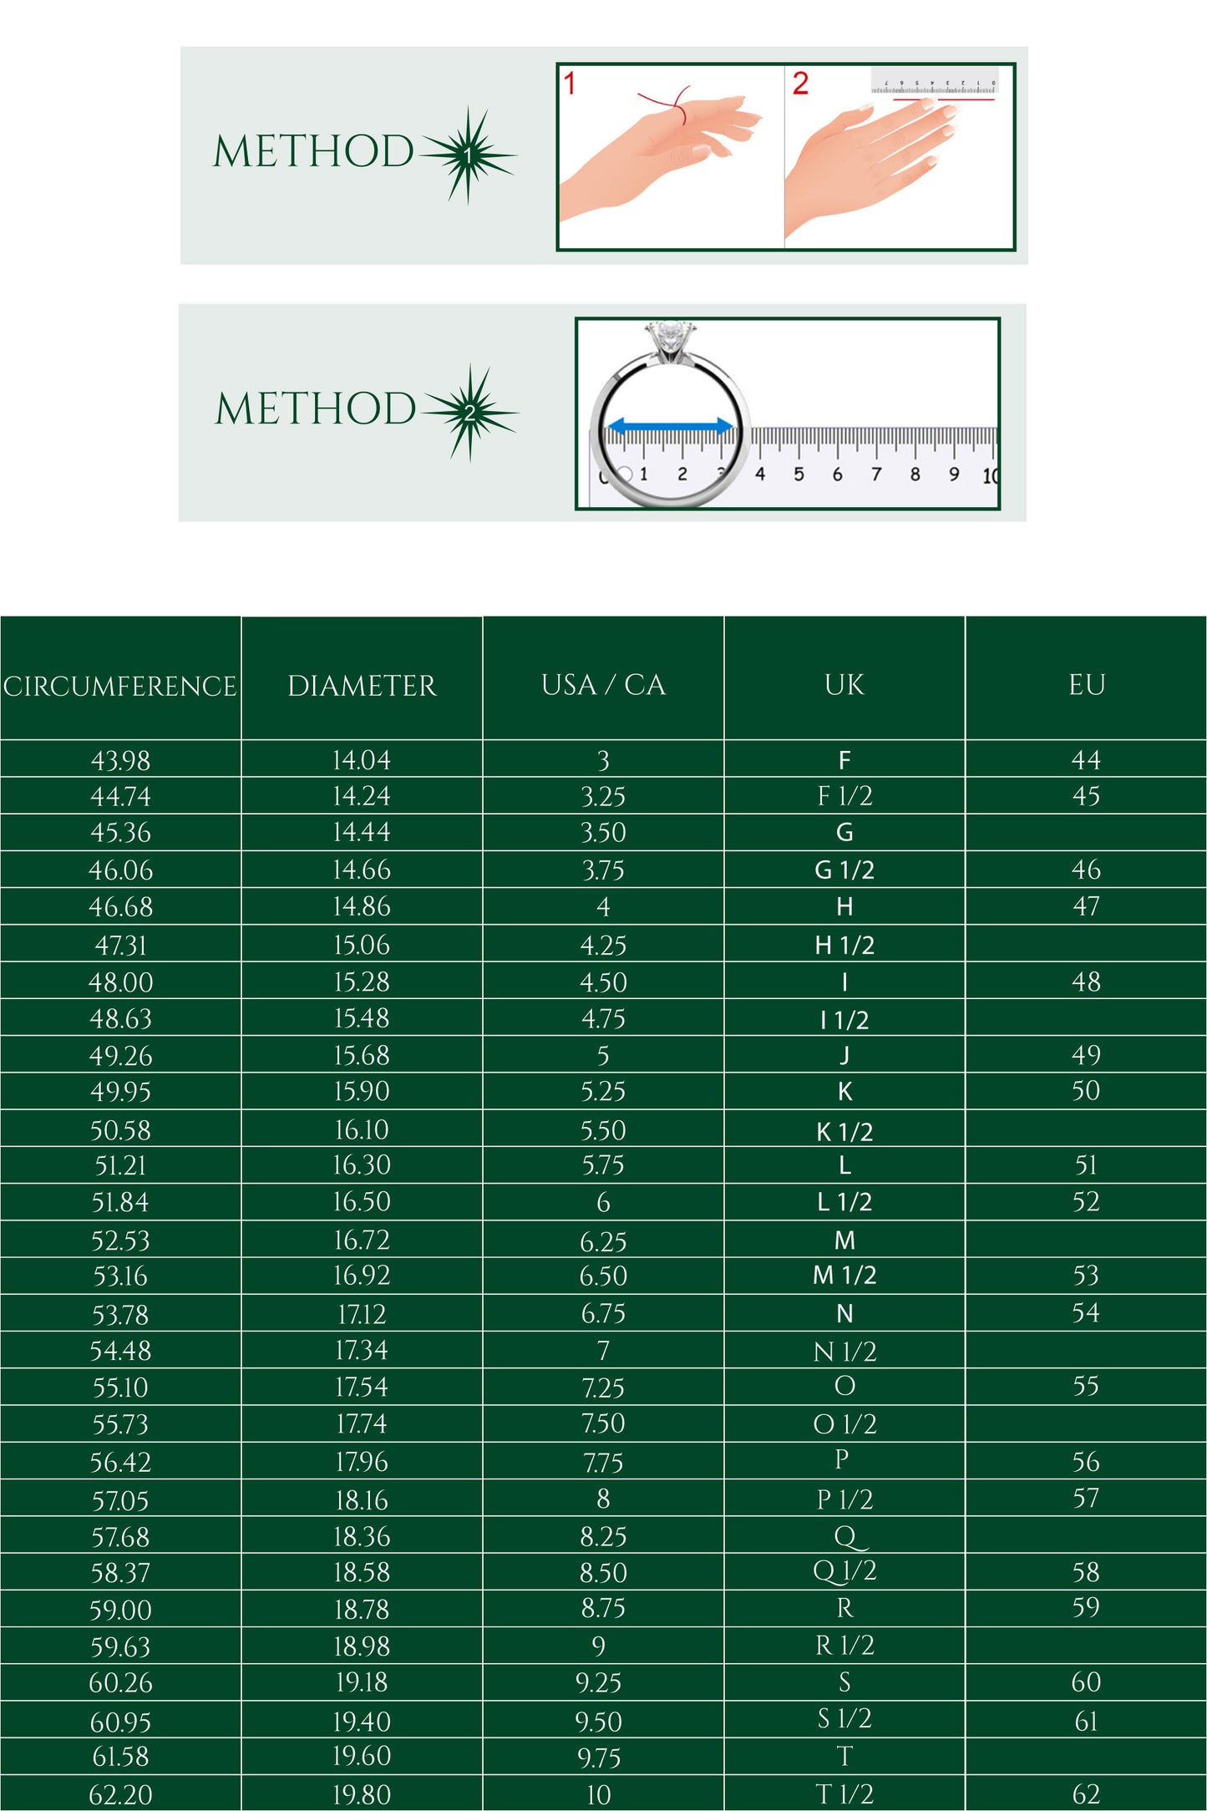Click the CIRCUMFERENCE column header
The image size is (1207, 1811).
[x=120, y=687]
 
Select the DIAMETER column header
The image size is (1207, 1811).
[x=362, y=687]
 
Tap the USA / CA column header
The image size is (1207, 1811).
[x=603, y=685]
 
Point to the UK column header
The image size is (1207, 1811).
[x=844, y=685]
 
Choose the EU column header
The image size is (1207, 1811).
[x=1086, y=685]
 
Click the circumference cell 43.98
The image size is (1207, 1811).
[x=120, y=761]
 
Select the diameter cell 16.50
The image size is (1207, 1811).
[x=362, y=1202]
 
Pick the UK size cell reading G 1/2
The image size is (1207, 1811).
[x=844, y=870]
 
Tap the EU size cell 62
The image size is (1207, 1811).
[x=1086, y=1794]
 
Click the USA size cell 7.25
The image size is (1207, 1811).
[x=603, y=1388]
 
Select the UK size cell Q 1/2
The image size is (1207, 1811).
[x=844, y=1572]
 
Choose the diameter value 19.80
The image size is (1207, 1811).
[x=362, y=1794]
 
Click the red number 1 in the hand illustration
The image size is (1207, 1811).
[x=570, y=84]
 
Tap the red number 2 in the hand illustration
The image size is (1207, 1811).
[x=800, y=84]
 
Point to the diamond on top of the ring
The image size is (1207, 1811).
[x=669, y=337]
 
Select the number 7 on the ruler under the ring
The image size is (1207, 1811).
[x=876, y=474]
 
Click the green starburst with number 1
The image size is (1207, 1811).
[x=469, y=155]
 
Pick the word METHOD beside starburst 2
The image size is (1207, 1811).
[x=315, y=408]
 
